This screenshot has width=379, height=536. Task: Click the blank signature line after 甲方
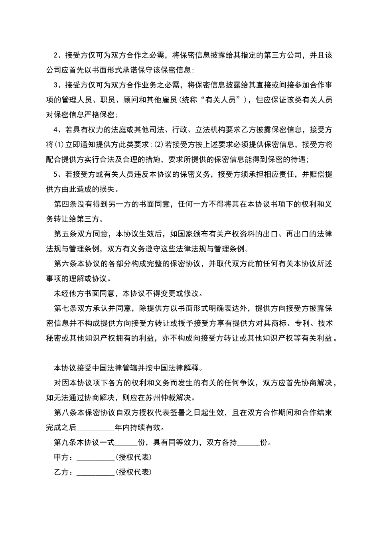click(x=95, y=457)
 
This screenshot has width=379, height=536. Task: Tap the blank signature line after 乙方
click(x=95, y=472)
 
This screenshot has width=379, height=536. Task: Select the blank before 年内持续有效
click(x=95, y=428)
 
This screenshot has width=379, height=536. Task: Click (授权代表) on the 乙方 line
click(x=134, y=472)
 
